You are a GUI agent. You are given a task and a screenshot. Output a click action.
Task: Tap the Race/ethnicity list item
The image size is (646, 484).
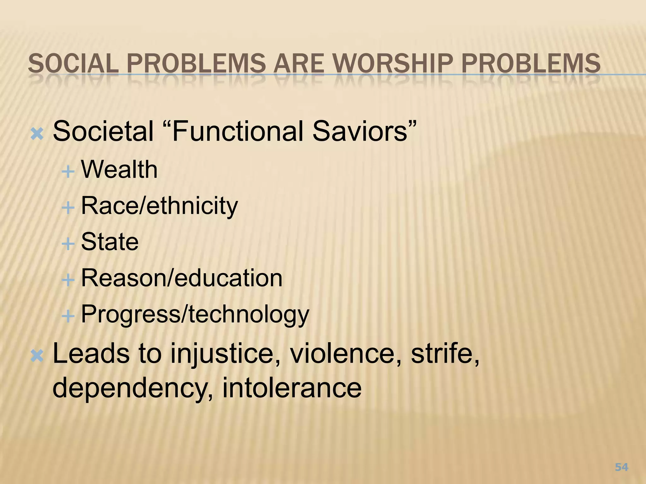tap(159, 206)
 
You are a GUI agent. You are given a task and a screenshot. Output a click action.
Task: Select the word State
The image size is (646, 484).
tap(110, 242)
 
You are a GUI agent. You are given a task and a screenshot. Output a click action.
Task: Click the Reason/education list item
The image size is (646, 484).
tap(182, 278)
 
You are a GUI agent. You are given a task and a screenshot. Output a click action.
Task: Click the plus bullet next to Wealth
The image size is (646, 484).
tap(68, 172)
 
